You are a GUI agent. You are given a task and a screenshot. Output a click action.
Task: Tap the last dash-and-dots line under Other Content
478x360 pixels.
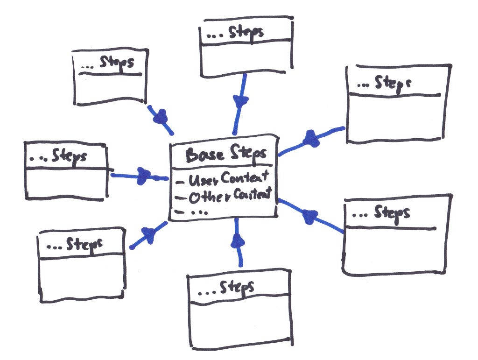pos(191,212)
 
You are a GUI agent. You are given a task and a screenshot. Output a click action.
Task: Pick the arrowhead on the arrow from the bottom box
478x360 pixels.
pos(238,240)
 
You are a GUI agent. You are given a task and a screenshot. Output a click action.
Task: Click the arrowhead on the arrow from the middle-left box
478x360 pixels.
pos(144,176)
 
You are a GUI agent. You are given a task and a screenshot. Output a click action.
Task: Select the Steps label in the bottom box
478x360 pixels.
pos(237,288)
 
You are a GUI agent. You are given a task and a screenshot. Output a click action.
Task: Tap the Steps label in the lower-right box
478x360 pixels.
pos(392,213)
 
